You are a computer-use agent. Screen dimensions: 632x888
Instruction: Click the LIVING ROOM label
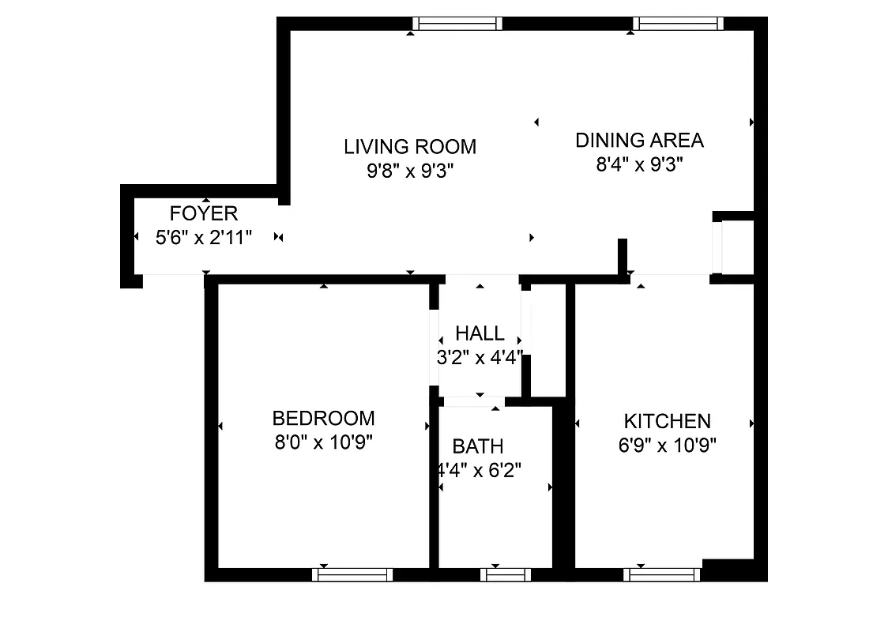click(410, 146)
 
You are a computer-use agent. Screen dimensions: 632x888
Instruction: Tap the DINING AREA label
click(639, 141)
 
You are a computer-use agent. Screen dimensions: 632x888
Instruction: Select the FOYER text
click(204, 213)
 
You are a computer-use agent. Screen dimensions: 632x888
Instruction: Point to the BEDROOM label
click(323, 418)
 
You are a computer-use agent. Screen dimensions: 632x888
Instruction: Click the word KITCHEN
click(667, 421)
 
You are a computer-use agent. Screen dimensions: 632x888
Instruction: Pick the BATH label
click(478, 446)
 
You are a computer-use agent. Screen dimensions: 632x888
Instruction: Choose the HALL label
click(480, 333)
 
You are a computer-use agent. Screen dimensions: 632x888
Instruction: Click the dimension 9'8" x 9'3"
click(410, 171)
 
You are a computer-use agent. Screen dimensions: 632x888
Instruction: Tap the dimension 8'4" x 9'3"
click(639, 165)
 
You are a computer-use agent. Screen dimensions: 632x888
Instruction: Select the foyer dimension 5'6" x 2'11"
click(204, 237)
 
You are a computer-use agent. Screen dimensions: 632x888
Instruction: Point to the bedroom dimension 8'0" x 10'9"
click(323, 442)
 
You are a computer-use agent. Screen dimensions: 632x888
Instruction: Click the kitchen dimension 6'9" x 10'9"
click(667, 445)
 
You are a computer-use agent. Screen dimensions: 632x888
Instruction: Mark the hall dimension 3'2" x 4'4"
click(480, 356)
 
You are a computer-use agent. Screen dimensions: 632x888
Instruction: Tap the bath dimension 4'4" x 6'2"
click(480, 471)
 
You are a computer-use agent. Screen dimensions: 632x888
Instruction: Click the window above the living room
click(458, 24)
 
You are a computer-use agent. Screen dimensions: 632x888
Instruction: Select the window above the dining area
click(680, 24)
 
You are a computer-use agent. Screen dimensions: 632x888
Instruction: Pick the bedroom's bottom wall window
click(352, 574)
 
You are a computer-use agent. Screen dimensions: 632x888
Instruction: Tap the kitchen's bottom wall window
click(662, 574)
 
